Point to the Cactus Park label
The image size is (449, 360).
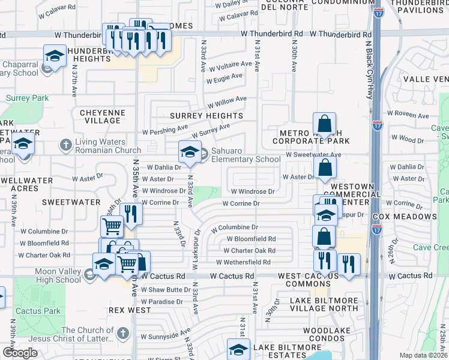click(38, 311)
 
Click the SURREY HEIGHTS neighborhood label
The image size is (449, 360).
click(206, 116)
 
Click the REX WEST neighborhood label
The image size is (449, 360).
click(130, 310)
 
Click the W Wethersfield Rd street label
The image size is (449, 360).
click(243, 262)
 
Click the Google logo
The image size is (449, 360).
click(20, 353)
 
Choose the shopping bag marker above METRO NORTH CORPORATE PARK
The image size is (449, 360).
click(324, 124)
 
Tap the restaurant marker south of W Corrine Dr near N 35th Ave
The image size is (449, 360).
click(130, 213)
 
